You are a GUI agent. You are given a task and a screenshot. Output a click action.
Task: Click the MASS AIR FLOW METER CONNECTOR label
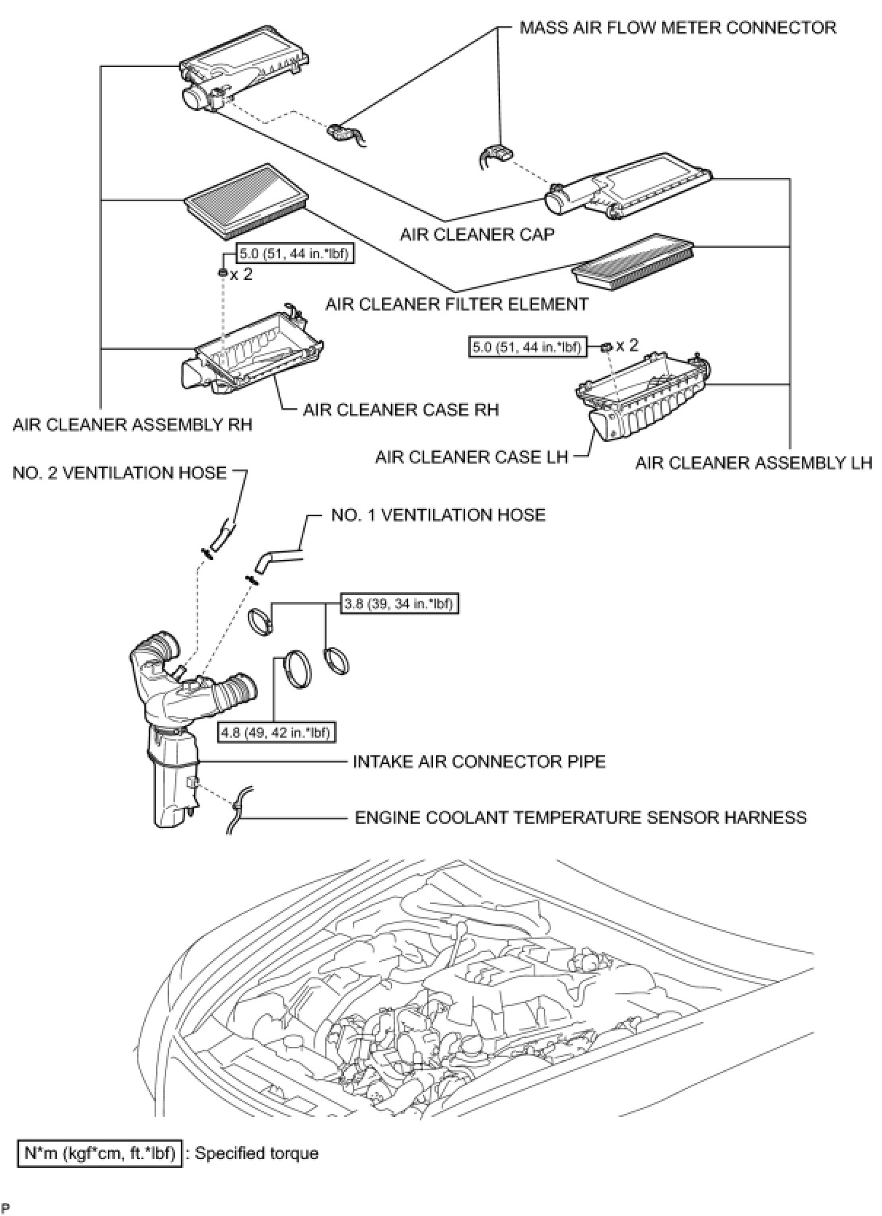677,28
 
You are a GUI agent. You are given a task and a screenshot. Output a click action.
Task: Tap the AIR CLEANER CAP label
477,234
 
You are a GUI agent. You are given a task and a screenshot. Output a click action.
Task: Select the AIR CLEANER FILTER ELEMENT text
457,304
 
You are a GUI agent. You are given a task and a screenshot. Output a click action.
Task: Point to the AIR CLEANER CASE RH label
401,410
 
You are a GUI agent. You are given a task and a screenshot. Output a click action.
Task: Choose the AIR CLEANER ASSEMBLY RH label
132,424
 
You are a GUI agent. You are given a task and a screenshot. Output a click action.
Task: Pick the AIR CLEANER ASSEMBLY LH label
753,463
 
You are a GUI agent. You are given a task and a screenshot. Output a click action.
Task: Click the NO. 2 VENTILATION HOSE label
120,473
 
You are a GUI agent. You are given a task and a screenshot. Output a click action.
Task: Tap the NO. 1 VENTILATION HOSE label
438,515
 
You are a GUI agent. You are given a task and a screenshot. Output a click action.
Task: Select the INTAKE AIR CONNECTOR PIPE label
479,762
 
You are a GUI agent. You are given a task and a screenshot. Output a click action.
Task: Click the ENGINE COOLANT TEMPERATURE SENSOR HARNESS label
580,817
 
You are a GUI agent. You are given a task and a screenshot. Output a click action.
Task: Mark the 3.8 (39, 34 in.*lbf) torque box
401,604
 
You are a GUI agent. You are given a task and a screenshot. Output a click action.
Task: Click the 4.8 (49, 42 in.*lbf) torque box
277,732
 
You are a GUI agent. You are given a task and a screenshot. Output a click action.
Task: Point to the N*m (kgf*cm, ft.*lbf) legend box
100,1153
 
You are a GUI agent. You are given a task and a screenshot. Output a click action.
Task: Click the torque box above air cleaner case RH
292,254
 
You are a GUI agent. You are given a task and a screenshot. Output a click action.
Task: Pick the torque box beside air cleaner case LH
527,347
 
